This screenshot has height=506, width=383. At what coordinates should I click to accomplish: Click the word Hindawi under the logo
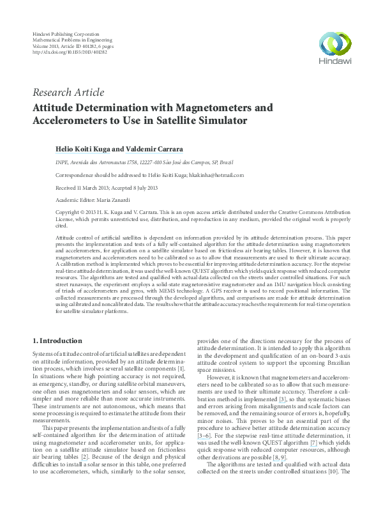coord(335,62)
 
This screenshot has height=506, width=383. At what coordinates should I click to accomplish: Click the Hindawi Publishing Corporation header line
coord(65,33)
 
